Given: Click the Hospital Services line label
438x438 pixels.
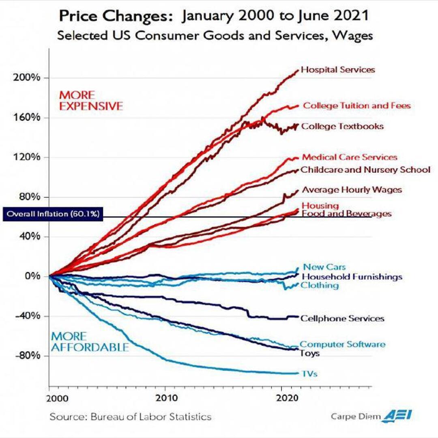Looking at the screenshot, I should [338, 70].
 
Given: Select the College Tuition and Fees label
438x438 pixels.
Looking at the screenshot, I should [357, 106].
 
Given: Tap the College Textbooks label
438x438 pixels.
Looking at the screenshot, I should [342, 126].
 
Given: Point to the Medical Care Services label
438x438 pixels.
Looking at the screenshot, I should [350, 157].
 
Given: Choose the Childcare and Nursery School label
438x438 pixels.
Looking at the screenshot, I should [365, 170].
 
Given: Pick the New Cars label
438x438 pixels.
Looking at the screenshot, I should [324, 267].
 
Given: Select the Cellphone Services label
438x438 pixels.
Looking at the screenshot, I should [342, 318].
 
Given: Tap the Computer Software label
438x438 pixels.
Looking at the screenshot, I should [342, 344].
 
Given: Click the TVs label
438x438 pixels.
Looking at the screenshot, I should [309, 374].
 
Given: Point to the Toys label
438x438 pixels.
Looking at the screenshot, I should [310, 353].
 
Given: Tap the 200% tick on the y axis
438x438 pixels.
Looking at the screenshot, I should [28, 78].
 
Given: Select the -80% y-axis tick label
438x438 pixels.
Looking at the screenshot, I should [28, 356].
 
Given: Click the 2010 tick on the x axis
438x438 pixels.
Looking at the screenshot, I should [165, 397].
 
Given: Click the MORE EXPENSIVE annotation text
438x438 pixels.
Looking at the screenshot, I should [91, 101].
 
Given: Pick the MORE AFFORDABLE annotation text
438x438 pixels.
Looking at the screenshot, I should [90, 342].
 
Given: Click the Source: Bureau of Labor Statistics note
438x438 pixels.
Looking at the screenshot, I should [131, 417].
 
